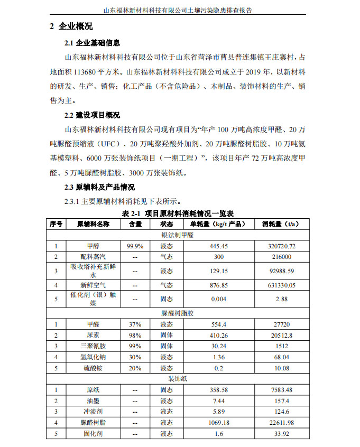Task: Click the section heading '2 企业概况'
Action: coord(71,27)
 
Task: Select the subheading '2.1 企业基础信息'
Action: coord(92,43)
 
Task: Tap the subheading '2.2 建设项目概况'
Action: coord(92,115)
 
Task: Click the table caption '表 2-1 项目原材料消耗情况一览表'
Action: coord(178,213)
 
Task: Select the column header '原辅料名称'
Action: coord(93,224)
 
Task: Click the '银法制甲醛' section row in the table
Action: coord(178,234)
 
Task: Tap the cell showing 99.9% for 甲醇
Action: coord(135,246)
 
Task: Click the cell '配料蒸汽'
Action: coord(93,257)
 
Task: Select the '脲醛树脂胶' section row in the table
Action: coord(178,313)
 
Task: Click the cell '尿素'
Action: coord(93,335)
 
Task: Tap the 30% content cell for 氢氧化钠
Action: coord(135,357)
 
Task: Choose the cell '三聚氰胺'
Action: coord(93,346)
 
